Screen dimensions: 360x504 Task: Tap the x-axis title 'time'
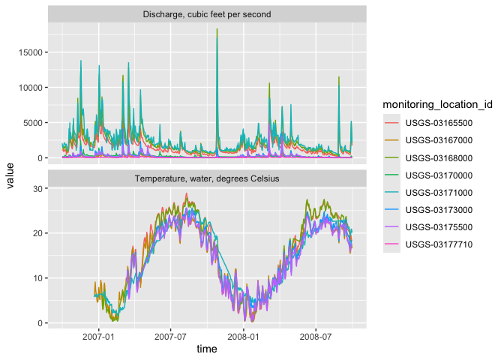[x=207, y=349]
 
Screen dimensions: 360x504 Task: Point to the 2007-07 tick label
[x=170, y=334]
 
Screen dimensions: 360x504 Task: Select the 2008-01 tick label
[x=244, y=334]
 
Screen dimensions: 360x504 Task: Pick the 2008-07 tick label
[x=316, y=334]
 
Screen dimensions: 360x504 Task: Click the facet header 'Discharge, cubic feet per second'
[x=207, y=14]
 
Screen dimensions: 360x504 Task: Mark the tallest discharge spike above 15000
[x=217, y=30]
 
